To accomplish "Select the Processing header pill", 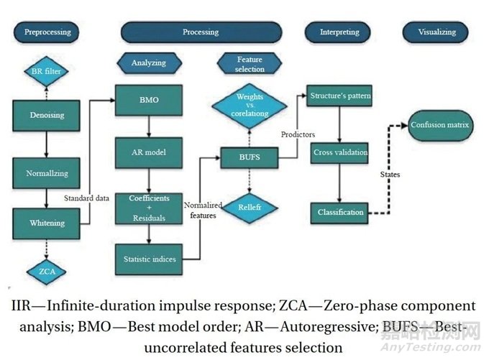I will click(x=201, y=32).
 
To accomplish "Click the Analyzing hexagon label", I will click(x=148, y=63).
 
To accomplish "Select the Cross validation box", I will click(x=340, y=152).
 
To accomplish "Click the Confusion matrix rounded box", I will click(x=439, y=125).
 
